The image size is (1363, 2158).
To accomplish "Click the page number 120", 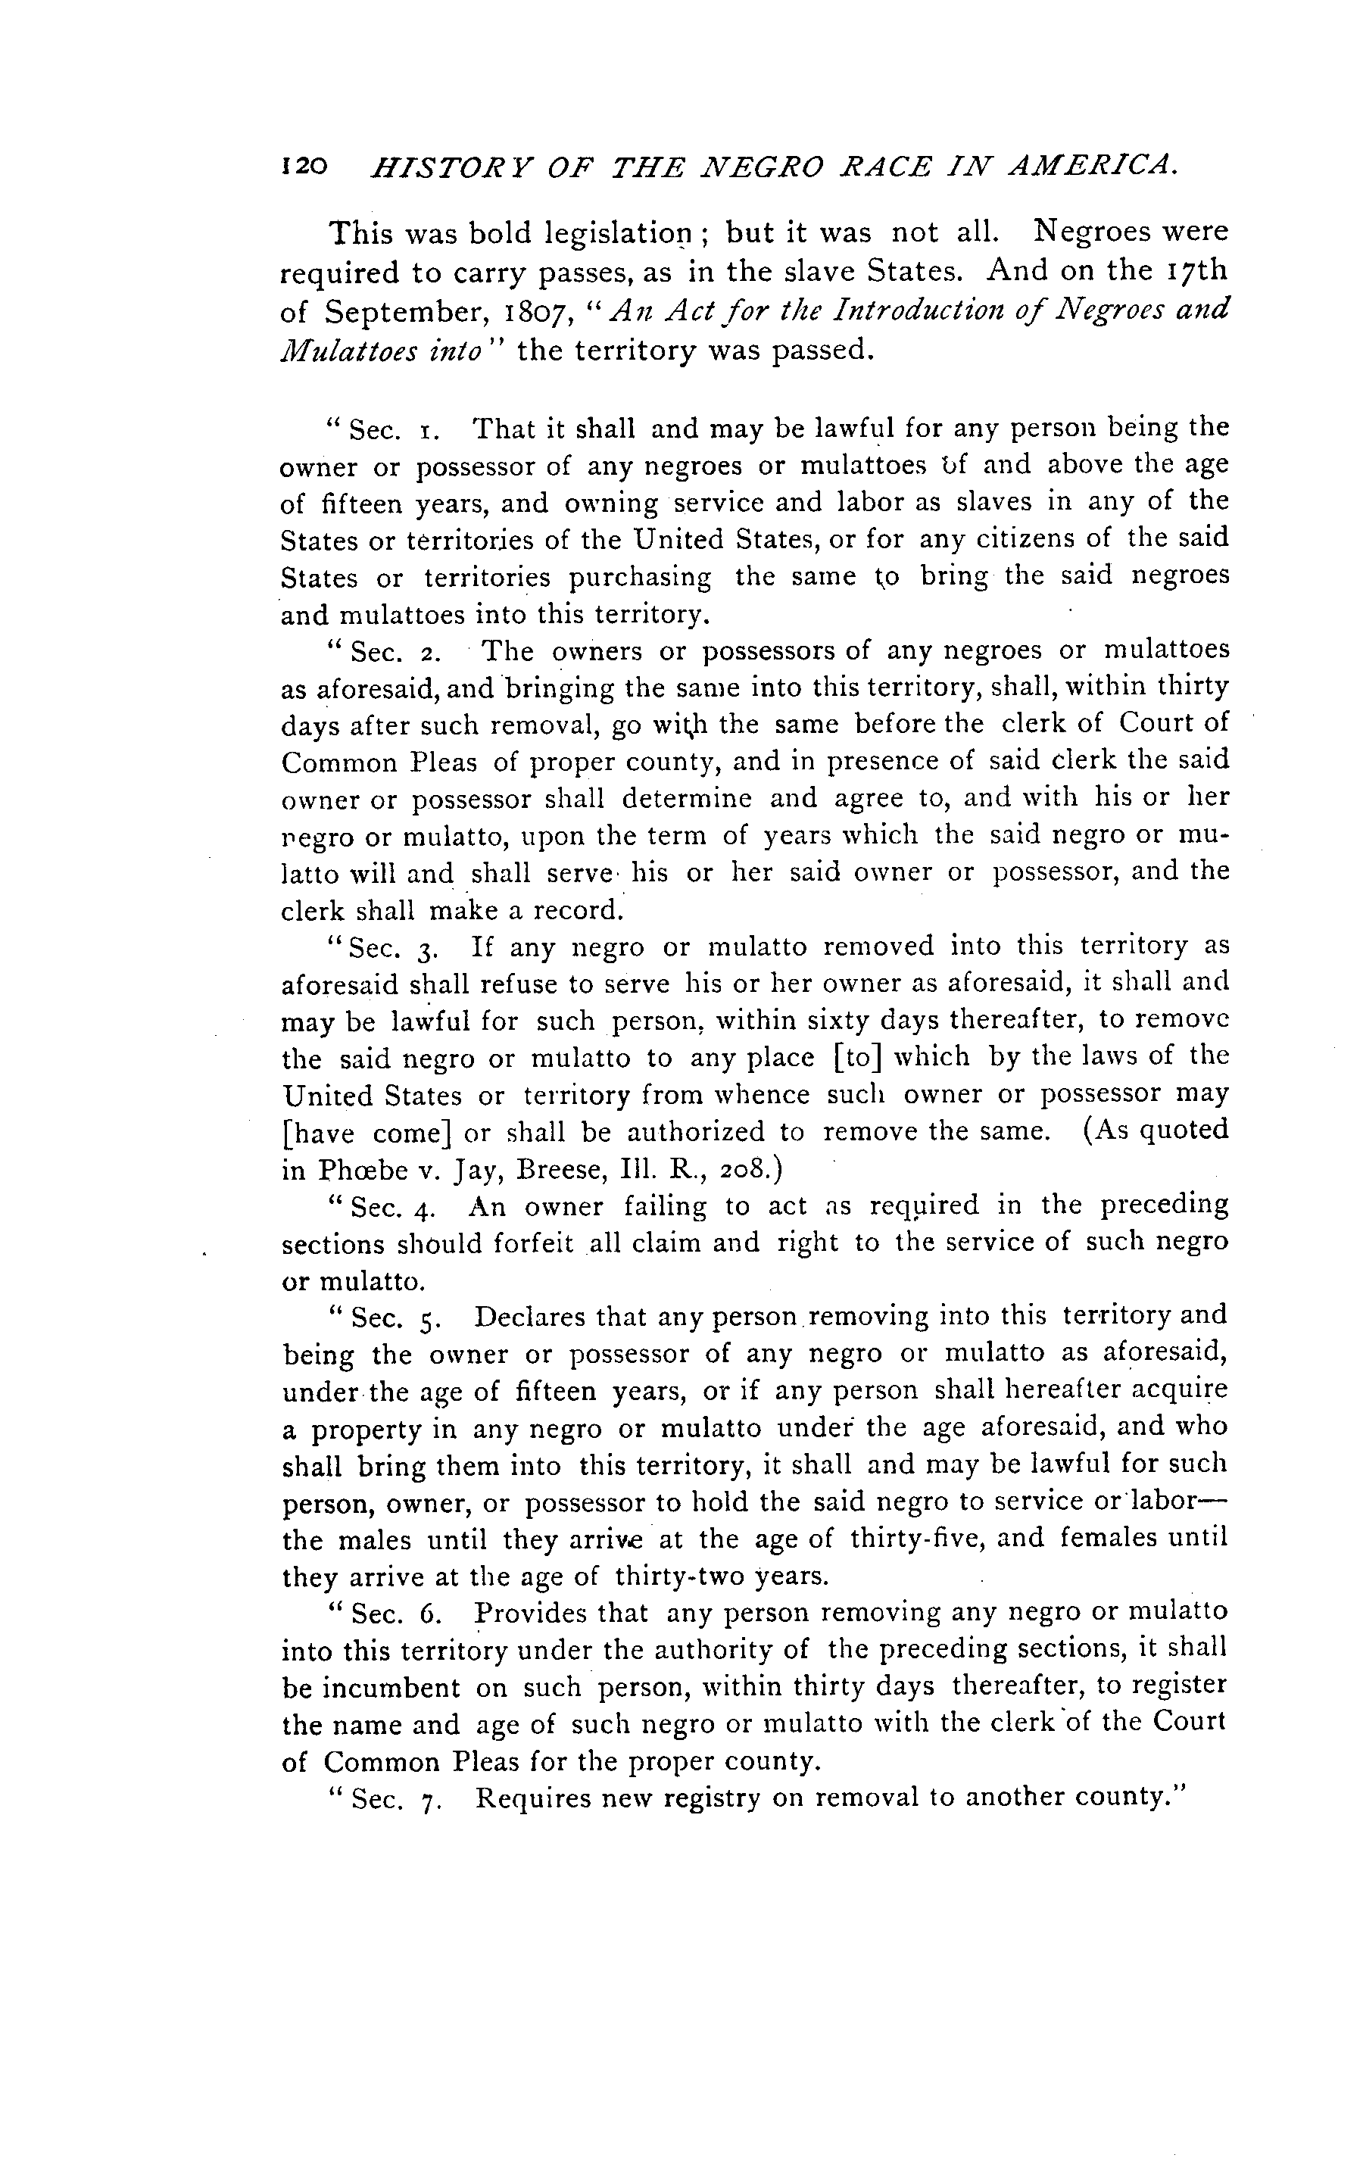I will point(306,166).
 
